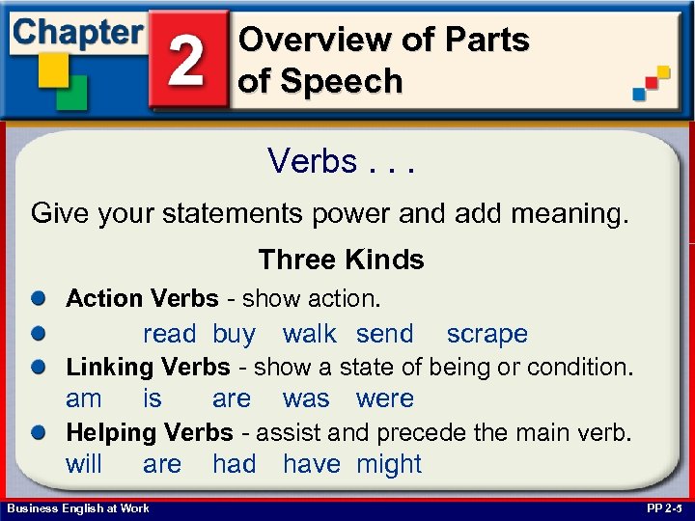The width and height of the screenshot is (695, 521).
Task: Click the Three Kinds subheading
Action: click(x=341, y=260)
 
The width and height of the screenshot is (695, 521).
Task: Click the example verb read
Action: click(x=169, y=334)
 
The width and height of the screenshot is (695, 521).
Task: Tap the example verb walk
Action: click(x=309, y=334)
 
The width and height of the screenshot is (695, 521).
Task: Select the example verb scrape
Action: click(x=486, y=334)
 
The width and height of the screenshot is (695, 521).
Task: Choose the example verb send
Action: click(x=384, y=334)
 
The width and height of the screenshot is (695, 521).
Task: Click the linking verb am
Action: click(x=83, y=398)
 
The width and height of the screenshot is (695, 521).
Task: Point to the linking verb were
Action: click(x=384, y=398)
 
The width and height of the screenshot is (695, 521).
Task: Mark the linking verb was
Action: click(x=306, y=398)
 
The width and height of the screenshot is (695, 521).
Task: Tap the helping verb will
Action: click(x=83, y=464)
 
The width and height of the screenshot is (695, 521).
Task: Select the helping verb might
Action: click(x=389, y=464)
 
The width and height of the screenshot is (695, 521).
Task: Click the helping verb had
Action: click(x=234, y=464)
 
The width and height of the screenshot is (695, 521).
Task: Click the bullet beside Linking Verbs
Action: click(x=38, y=368)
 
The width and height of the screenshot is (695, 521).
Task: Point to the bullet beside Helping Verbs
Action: click(x=38, y=433)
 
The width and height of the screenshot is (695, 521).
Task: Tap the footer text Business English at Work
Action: click(x=77, y=508)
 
